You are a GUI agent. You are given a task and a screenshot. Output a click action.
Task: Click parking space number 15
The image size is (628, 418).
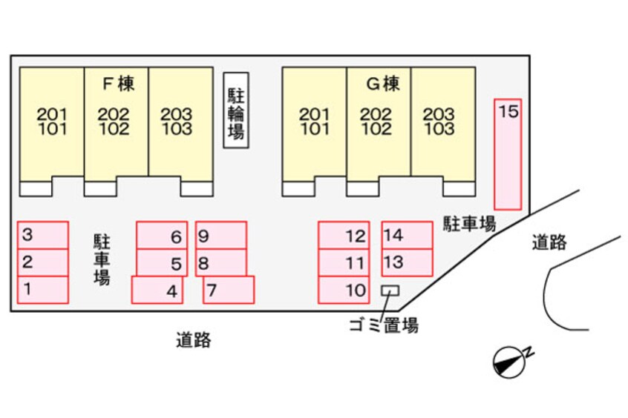coord(508,153)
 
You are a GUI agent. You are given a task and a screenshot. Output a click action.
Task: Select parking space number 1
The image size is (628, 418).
coord(43,289)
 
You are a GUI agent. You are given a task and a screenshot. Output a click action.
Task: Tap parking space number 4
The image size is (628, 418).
coord(157,290)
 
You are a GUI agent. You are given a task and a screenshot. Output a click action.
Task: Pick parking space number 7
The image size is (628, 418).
coord(229,290)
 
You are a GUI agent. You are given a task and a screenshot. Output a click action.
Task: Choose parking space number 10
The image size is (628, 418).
coord(343,290)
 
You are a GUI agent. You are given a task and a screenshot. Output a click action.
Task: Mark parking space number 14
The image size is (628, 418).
coord(407,235)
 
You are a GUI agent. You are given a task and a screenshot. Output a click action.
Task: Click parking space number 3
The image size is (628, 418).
coord(43,235)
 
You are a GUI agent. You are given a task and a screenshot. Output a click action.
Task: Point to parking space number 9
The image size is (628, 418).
coord(220,235)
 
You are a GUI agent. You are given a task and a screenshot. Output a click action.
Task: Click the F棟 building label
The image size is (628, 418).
coord(118,84)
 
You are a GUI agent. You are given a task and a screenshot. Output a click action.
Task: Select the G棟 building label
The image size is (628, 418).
coord(382,84)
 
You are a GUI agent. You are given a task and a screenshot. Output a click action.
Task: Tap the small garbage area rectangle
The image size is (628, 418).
coord(389,291)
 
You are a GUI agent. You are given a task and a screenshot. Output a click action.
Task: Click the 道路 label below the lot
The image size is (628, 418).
coord(194,340)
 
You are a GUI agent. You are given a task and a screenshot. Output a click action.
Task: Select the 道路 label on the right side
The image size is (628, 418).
coord(549,242)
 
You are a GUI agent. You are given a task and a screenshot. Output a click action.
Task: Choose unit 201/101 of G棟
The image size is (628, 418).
coord(315,122)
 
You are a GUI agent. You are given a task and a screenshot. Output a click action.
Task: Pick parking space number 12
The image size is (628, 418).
coord(343,236)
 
